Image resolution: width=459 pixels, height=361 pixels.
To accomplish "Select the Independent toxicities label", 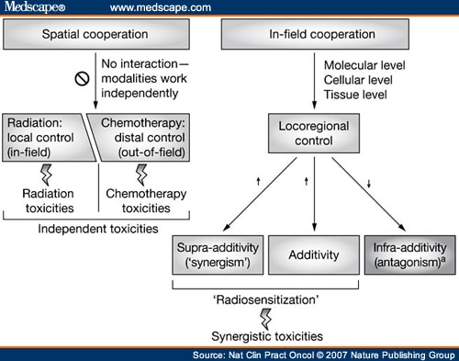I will click(93, 226).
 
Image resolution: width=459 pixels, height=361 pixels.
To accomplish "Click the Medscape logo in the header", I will click(35, 8).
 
